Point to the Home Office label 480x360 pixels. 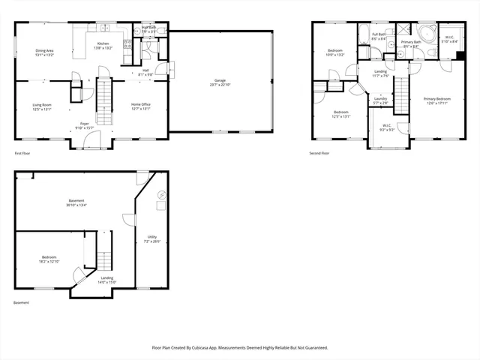141,104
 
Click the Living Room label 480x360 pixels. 41,104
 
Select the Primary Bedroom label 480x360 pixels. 436,98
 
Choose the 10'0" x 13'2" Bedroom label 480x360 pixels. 334,52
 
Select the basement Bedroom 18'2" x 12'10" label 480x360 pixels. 48,259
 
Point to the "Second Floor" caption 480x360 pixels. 319,153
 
